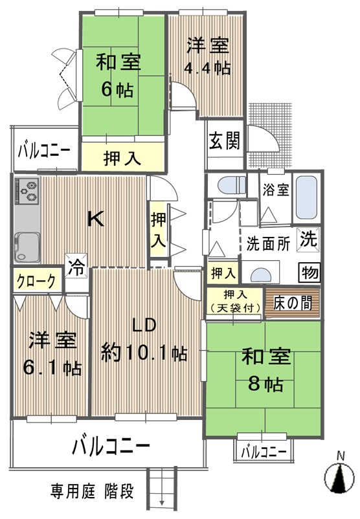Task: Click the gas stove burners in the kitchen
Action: click(x=27, y=192)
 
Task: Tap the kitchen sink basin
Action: click(x=27, y=247)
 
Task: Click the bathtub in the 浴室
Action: click(x=306, y=197)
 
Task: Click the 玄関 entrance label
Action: click(x=225, y=141)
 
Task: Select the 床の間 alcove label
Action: click(x=293, y=303)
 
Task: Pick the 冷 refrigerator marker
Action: click(x=76, y=267)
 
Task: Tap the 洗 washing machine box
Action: click(x=308, y=238)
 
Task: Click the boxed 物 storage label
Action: click(x=309, y=272)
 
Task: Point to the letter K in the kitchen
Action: click(x=95, y=219)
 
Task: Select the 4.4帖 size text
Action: click(x=207, y=68)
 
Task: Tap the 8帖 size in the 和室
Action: click(x=265, y=384)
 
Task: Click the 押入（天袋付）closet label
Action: click(x=235, y=301)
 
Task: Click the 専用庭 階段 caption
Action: click(x=93, y=491)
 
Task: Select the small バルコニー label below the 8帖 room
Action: click(x=264, y=452)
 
